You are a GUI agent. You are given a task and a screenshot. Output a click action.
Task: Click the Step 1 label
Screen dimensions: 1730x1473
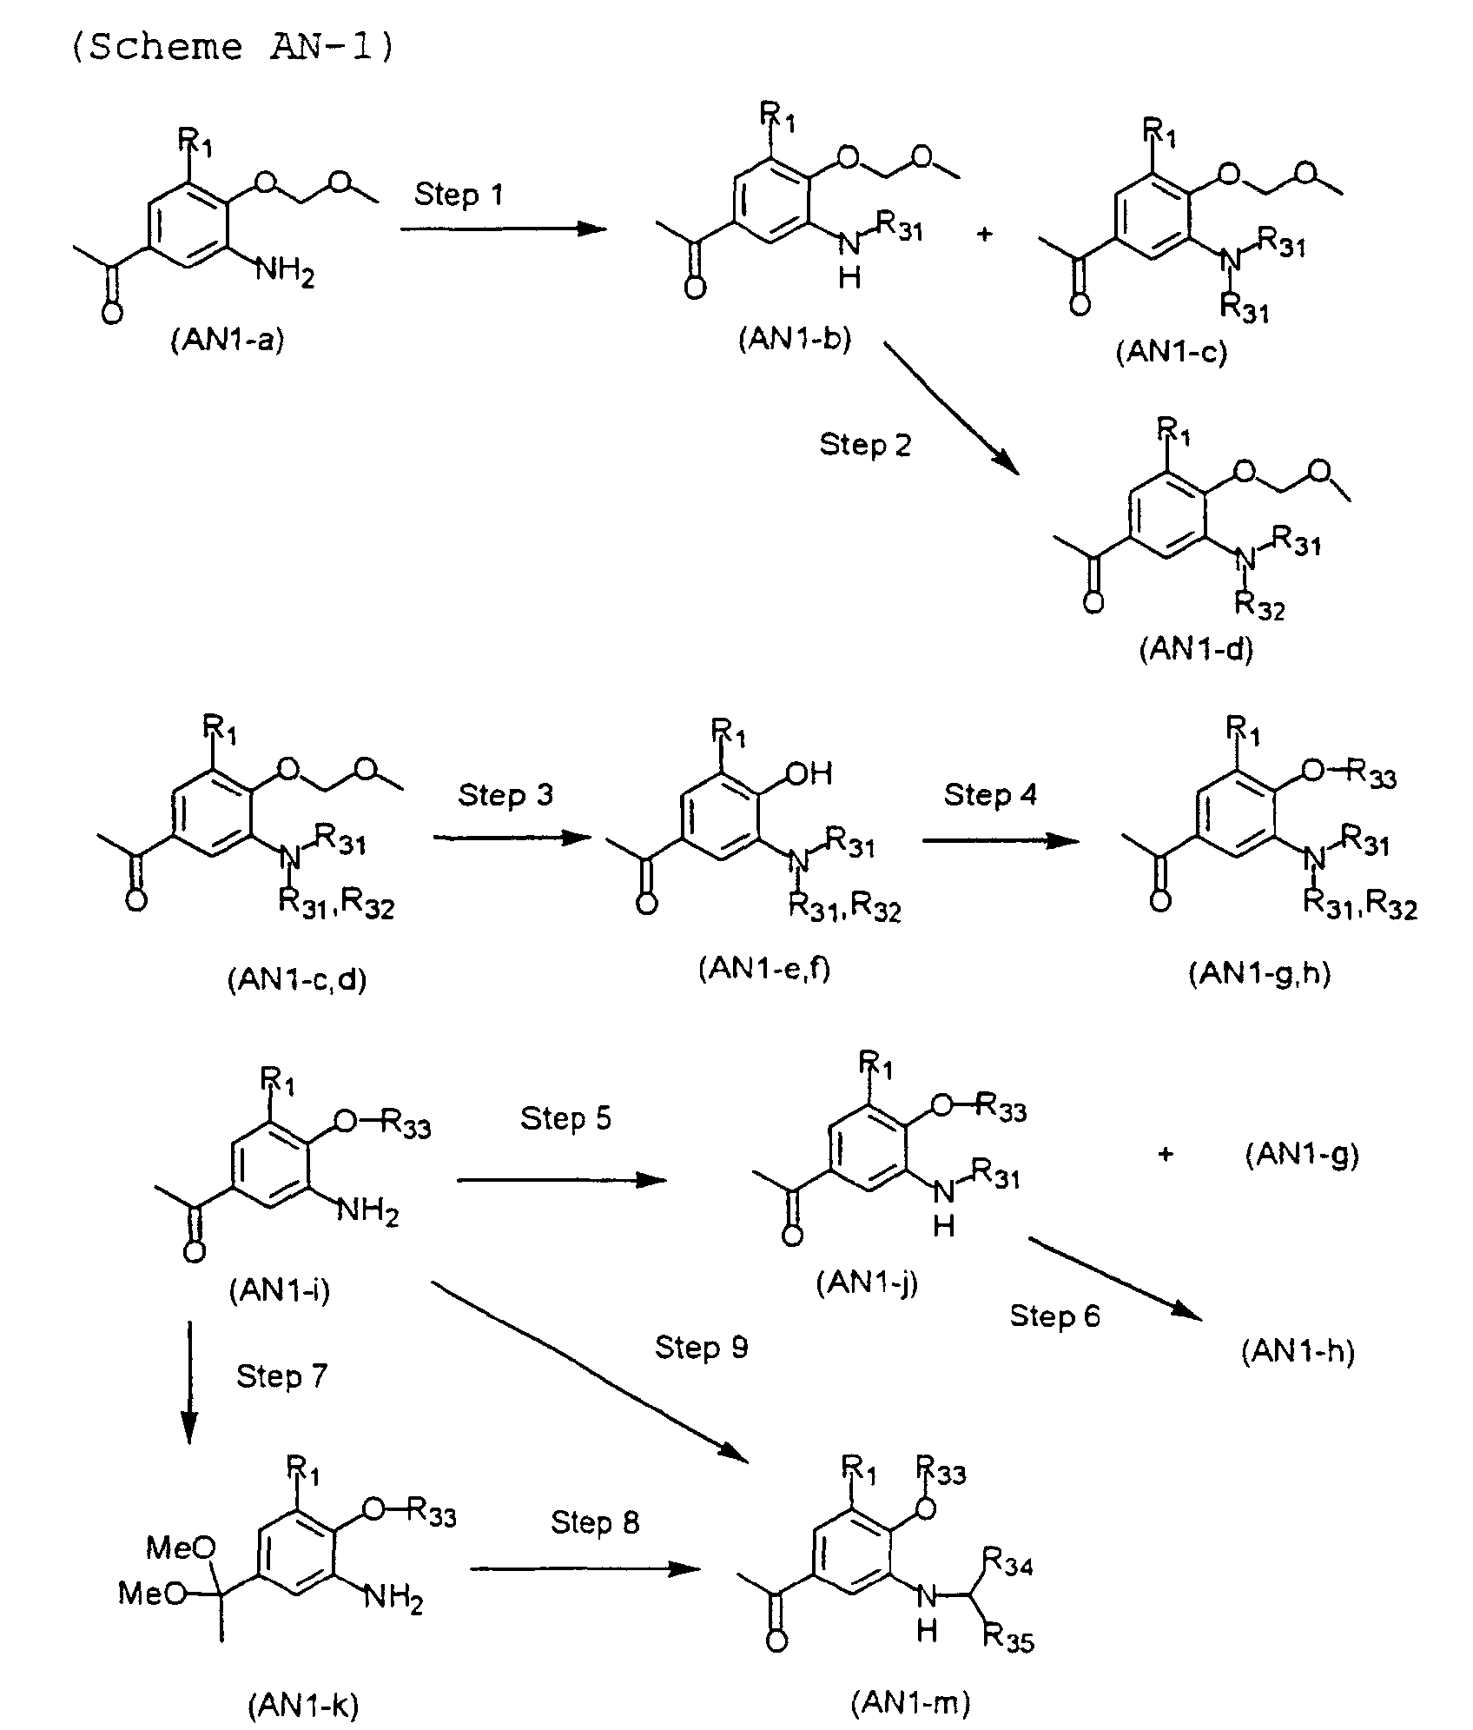pos(458,195)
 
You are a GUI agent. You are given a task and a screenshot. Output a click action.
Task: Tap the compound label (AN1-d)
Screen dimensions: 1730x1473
pos(1195,650)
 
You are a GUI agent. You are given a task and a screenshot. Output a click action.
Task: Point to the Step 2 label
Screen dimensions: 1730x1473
pos(865,446)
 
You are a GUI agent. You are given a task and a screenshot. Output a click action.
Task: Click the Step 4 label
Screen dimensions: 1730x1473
pos(990,794)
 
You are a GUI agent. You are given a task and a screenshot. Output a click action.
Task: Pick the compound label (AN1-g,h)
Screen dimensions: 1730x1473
pos(1259,973)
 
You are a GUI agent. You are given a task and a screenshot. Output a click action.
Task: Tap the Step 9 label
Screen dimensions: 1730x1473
pos(701,1347)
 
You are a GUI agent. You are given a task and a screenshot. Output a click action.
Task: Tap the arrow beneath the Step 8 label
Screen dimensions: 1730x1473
pos(584,1568)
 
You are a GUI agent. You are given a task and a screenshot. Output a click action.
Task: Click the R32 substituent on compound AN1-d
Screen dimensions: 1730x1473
pos(1258,606)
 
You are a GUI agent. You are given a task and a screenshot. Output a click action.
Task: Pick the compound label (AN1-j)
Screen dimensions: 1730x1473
pos(867,1282)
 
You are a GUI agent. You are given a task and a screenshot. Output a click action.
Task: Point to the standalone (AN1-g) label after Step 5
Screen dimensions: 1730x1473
pos(1301,1155)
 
